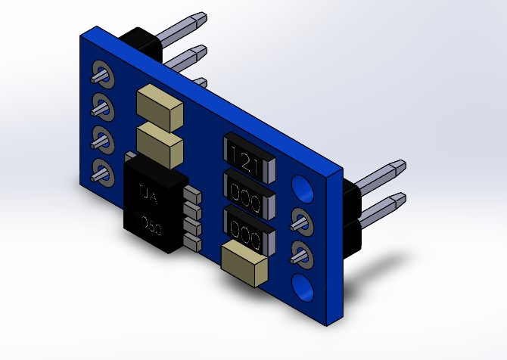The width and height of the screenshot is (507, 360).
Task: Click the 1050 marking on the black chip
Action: pos(148,225)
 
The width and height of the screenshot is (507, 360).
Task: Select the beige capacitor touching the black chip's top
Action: pos(160,145)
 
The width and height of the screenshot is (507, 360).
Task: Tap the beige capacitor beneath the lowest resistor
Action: pos(245,264)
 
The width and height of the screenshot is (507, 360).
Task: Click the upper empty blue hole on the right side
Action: pos(303,188)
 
